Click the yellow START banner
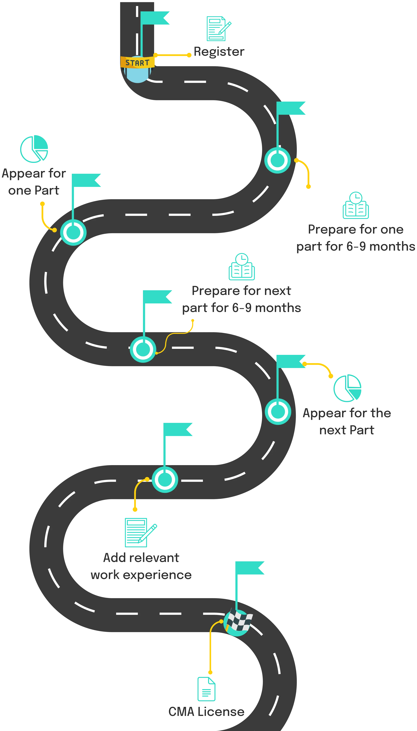click(137, 62)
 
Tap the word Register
click(219, 51)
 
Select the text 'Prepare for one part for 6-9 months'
click(355, 238)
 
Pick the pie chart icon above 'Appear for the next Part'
click(347, 388)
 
